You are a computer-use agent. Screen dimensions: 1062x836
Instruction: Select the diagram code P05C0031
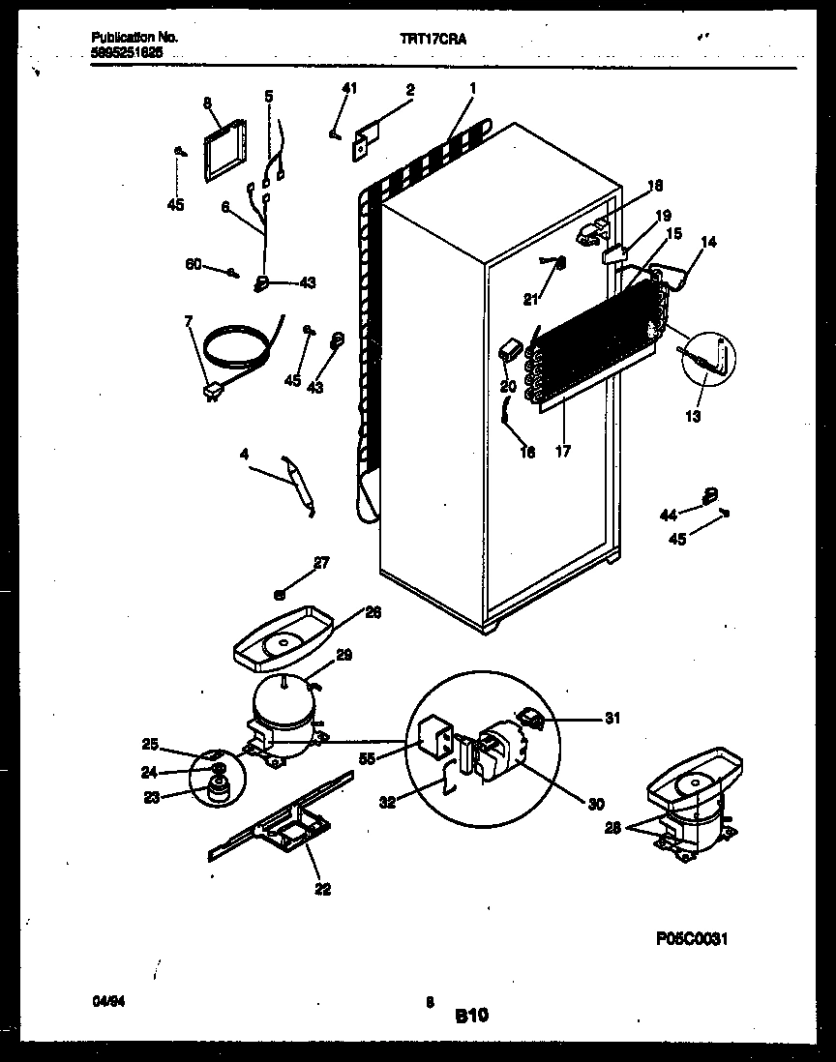[x=690, y=939]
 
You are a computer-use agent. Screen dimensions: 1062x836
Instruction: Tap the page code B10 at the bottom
[x=472, y=1015]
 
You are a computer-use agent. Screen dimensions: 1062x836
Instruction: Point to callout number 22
[x=322, y=889]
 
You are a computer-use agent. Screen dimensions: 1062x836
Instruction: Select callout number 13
[x=693, y=417]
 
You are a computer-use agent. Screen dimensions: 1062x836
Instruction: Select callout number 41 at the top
[x=349, y=89]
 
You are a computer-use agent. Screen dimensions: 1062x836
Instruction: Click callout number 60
[x=194, y=264]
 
